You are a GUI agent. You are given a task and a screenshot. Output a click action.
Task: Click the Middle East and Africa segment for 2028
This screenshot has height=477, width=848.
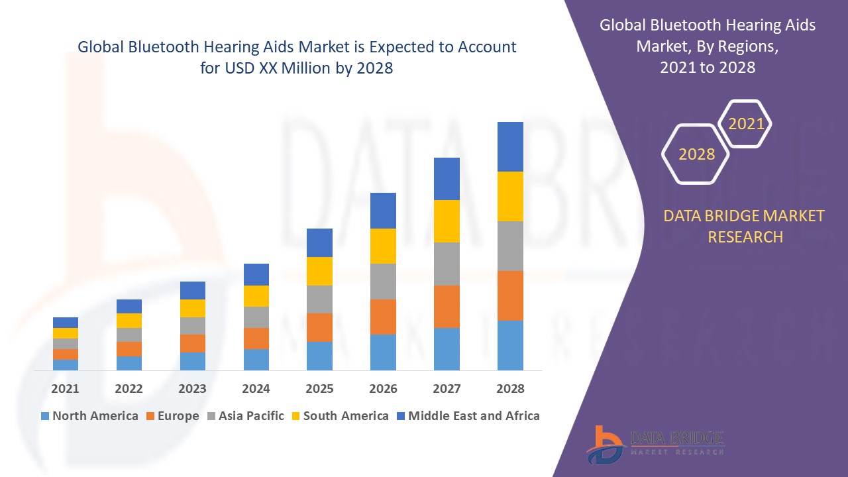click(510, 146)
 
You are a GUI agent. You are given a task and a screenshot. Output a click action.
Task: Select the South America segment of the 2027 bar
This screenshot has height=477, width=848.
click(447, 221)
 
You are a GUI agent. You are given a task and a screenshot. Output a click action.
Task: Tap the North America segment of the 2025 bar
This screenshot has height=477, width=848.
click(319, 356)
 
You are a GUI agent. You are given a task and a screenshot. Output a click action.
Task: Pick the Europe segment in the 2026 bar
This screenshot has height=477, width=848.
click(383, 317)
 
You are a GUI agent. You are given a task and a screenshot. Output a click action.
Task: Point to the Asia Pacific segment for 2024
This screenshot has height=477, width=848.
click(256, 317)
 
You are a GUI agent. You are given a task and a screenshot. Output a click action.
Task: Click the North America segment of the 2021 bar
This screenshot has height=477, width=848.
click(66, 364)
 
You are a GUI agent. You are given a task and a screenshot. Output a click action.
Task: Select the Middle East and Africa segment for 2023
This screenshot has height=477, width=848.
click(193, 290)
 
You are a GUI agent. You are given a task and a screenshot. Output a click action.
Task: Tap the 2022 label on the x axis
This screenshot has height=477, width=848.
click(129, 389)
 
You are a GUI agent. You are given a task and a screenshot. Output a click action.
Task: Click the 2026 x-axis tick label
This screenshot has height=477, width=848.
click(383, 389)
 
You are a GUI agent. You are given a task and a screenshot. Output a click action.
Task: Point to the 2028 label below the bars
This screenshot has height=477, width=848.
click(510, 389)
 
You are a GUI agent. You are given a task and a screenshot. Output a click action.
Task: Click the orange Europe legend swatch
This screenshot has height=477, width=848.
click(151, 416)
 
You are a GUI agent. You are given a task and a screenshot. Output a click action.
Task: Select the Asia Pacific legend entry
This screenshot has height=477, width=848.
click(246, 416)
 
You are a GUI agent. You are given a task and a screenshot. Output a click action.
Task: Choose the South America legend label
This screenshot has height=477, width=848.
click(346, 416)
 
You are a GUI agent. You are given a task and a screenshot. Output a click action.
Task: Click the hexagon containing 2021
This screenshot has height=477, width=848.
click(746, 124)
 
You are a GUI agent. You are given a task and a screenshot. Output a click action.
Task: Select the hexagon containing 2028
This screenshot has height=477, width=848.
click(696, 154)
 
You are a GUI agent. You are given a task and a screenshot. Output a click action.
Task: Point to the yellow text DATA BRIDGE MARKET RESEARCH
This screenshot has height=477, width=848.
click(745, 226)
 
